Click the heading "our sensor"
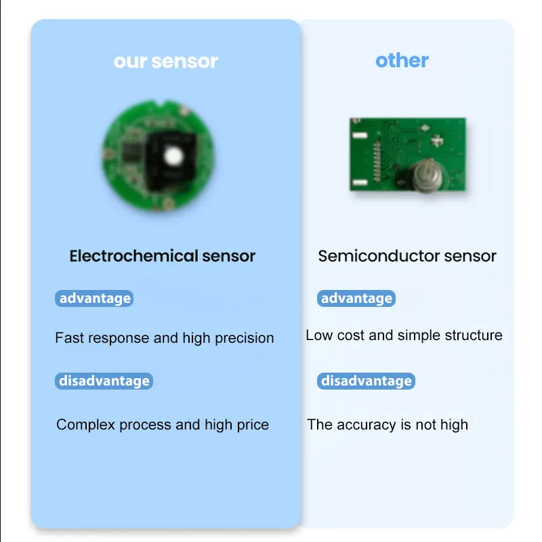click(166, 62)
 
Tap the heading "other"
click(402, 60)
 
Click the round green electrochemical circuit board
click(158, 155)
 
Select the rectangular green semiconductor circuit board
click(408, 154)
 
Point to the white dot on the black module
click(173, 156)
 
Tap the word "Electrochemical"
click(133, 256)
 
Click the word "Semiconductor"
click(379, 256)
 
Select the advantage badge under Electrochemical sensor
click(94, 298)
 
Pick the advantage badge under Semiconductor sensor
click(356, 298)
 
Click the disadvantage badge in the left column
click(104, 381)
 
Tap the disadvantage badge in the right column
click(366, 381)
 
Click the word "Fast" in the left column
click(70, 338)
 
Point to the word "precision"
click(245, 338)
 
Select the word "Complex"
click(85, 425)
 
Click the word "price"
click(253, 425)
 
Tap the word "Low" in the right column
click(318, 335)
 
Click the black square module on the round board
click(171, 161)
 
